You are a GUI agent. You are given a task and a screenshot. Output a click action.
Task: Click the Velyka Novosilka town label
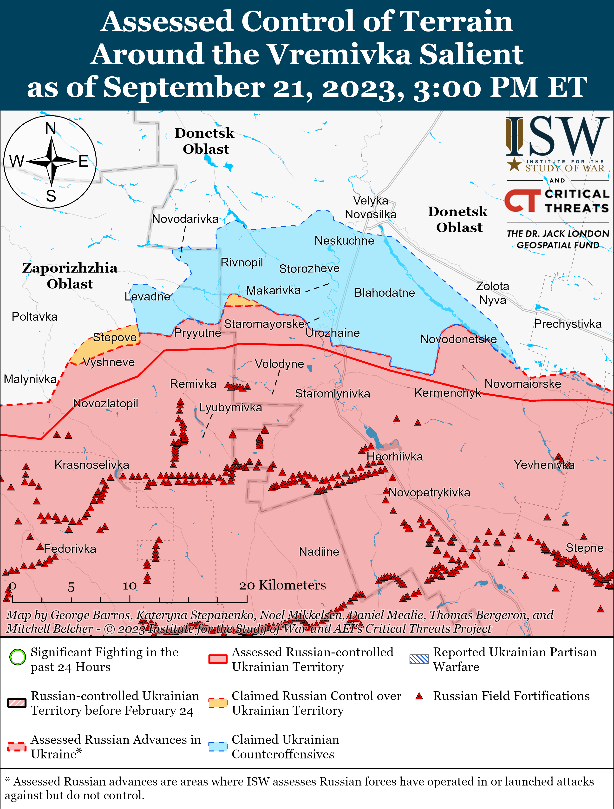click(371, 207)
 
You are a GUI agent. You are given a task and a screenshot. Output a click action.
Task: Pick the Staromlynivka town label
click(333, 393)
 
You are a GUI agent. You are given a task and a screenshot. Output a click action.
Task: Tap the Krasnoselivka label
click(92, 465)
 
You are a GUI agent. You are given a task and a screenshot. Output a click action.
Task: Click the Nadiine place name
click(319, 552)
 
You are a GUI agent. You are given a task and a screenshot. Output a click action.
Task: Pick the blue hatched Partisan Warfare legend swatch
click(419, 659)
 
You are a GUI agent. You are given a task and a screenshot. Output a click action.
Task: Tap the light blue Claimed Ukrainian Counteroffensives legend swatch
click(218, 746)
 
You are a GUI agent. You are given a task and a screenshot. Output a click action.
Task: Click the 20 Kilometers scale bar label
click(282, 585)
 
